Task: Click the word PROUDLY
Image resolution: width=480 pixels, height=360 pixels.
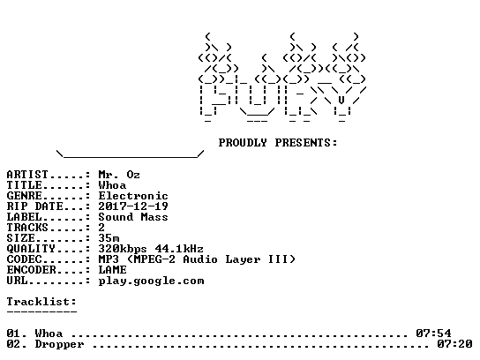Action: pyautogui.click(x=243, y=143)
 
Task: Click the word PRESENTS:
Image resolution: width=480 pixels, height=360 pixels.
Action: pyautogui.click(x=306, y=143)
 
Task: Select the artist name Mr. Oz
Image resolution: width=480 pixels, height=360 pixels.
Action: pyautogui.click(x=119, y=175)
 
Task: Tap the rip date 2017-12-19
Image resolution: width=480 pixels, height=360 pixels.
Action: pyautogui.click(x=133, y=206)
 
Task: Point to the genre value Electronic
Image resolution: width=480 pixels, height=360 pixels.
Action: pyautogui.click(x=133, y=196)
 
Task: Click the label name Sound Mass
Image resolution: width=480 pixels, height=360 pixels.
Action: pyautogui.click(x=133, y=217)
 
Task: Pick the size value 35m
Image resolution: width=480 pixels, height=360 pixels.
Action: pyautogui.click(x=109, y=238)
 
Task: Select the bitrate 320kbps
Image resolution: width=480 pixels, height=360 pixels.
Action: pyautogui.click(x=123, y=249)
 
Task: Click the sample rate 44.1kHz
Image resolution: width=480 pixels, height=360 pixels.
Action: pyautogui.click(x=179, y=249)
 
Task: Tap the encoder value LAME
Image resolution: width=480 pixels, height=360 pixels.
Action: pyautogui.click(x=112, y=270)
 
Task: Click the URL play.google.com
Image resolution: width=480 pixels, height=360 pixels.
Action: pyautogui.click(x=151, y=281)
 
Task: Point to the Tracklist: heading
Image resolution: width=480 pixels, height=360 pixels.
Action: pyautogui.click(x=41, y=302)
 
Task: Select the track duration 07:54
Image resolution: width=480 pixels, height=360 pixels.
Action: pyautogui.click(x=433, y=334)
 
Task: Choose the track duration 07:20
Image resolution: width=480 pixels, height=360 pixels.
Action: pyautogui.click(x=454, y=344)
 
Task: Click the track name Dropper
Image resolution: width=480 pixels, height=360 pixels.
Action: pyautogui.click(x=59, y=344)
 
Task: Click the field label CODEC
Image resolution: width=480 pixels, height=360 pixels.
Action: pyautogui.click(x=24, y=259)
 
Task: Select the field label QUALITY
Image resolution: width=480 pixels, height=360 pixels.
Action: pyautogui.click(x=31, y=249)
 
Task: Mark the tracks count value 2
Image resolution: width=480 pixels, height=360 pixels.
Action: pyautogui.click(x=101, y=228)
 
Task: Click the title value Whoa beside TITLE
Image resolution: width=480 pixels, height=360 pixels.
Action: pyautogui.click(x=112, y=185)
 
